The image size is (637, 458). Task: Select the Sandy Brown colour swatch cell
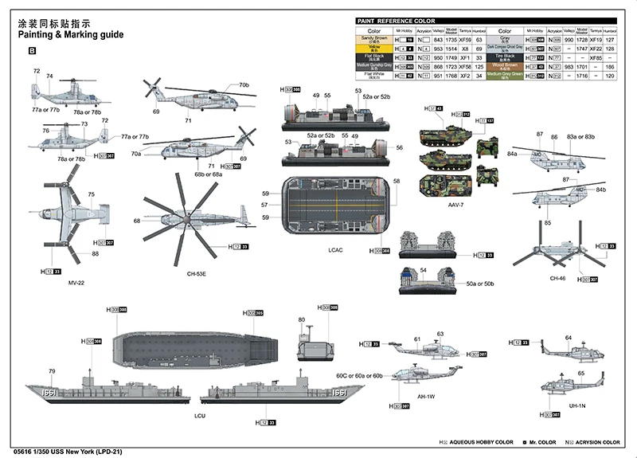coord(376,38)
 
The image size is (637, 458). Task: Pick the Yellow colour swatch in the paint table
coord(376,48)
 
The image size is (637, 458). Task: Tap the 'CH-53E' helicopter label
coord(196,273)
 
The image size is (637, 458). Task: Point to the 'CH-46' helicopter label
coord(557,278)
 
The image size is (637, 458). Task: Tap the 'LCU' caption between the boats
coord(198,415)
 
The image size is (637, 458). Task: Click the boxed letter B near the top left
coord(33,51)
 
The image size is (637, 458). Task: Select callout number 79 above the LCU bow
coord(52,371)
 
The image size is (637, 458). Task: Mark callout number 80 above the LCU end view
coord(302,320)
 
